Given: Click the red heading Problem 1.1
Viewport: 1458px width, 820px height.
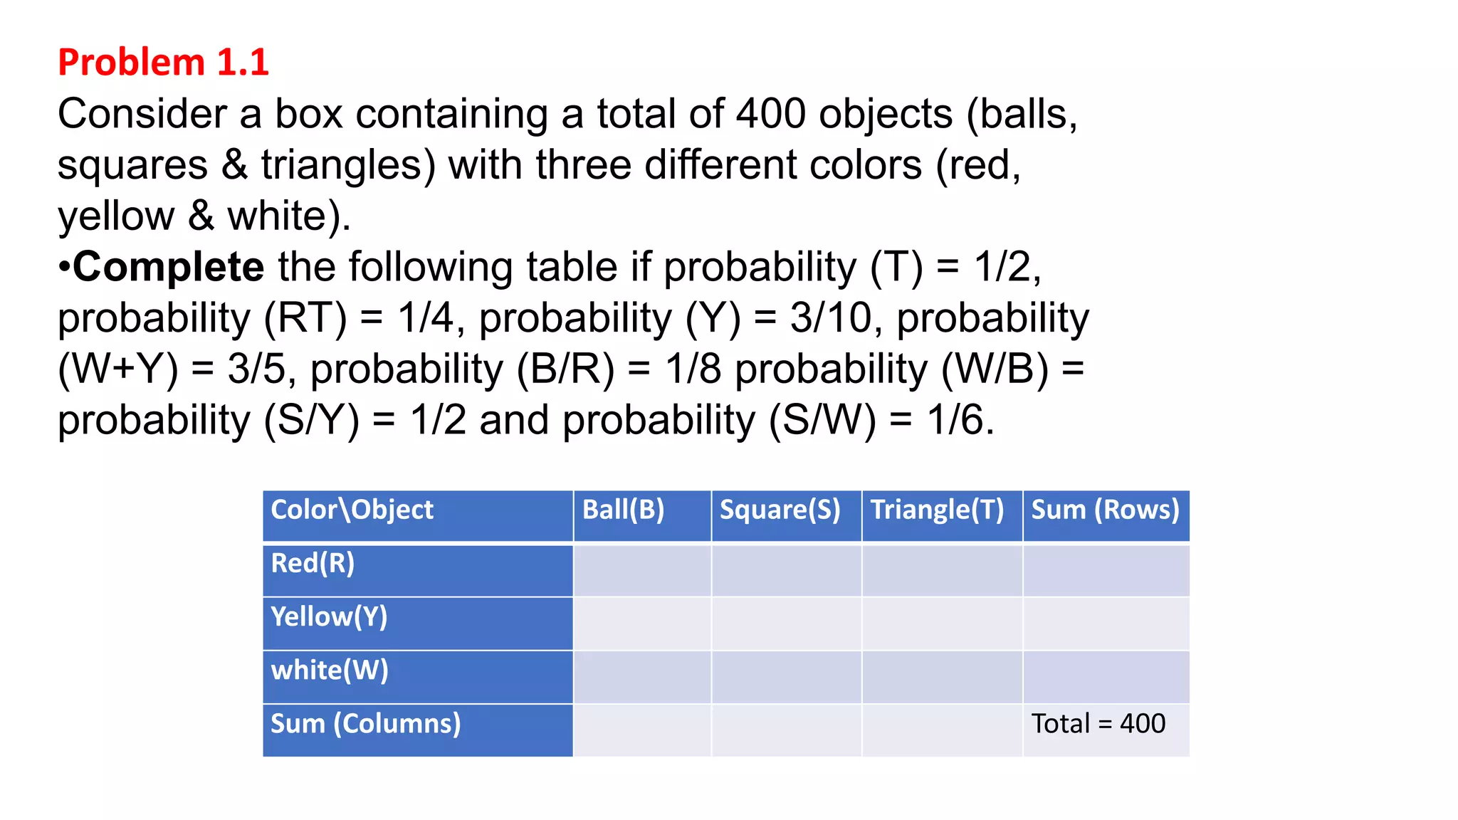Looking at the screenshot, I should click(163, 62).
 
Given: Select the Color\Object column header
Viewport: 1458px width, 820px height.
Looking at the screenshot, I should click(352, 510).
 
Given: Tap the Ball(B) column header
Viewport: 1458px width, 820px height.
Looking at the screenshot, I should click(623, 510).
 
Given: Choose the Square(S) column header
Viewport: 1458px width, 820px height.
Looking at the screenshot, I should click(780, 510).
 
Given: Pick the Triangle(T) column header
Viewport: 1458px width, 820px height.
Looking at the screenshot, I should click(937, 510).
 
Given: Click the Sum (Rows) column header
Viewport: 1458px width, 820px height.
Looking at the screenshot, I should click(1105, 510).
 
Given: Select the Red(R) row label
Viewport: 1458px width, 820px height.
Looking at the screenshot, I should click(313, 564).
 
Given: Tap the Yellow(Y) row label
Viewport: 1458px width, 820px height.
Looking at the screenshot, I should click(329, 617).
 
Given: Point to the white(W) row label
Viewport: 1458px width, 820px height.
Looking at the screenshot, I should click(330, 671).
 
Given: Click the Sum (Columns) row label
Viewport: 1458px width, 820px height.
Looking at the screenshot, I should click(365, 724).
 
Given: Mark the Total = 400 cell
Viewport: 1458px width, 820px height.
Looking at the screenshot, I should click(1098, 724).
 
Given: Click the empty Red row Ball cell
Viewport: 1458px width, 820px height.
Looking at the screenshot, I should click(642, 570).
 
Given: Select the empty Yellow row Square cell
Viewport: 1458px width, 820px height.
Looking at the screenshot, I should click(787, 624).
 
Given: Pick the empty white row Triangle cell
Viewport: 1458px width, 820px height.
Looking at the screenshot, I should click(942, 677).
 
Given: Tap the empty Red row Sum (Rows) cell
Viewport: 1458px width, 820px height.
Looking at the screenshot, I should click(1106, 570).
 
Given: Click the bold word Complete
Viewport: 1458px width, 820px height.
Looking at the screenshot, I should click(169, 267).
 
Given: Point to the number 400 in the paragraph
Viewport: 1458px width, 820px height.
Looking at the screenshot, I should click(770, 114).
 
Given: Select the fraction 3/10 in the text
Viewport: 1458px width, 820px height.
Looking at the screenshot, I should click(830, 317).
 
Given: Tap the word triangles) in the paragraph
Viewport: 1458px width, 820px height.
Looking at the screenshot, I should click(348, 165).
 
